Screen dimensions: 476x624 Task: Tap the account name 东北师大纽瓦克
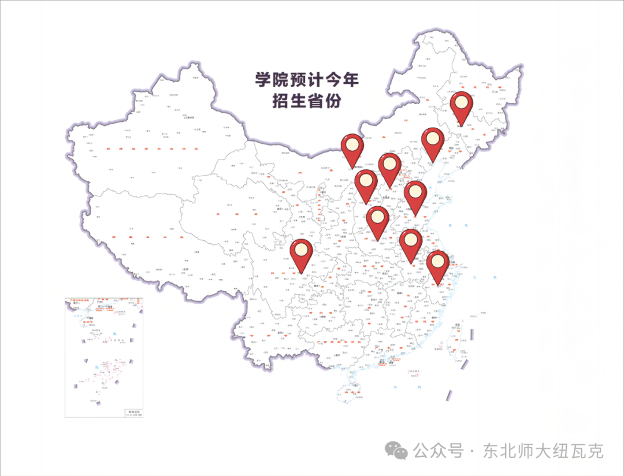point(544,450)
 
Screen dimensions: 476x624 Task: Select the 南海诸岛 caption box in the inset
point(132,412)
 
